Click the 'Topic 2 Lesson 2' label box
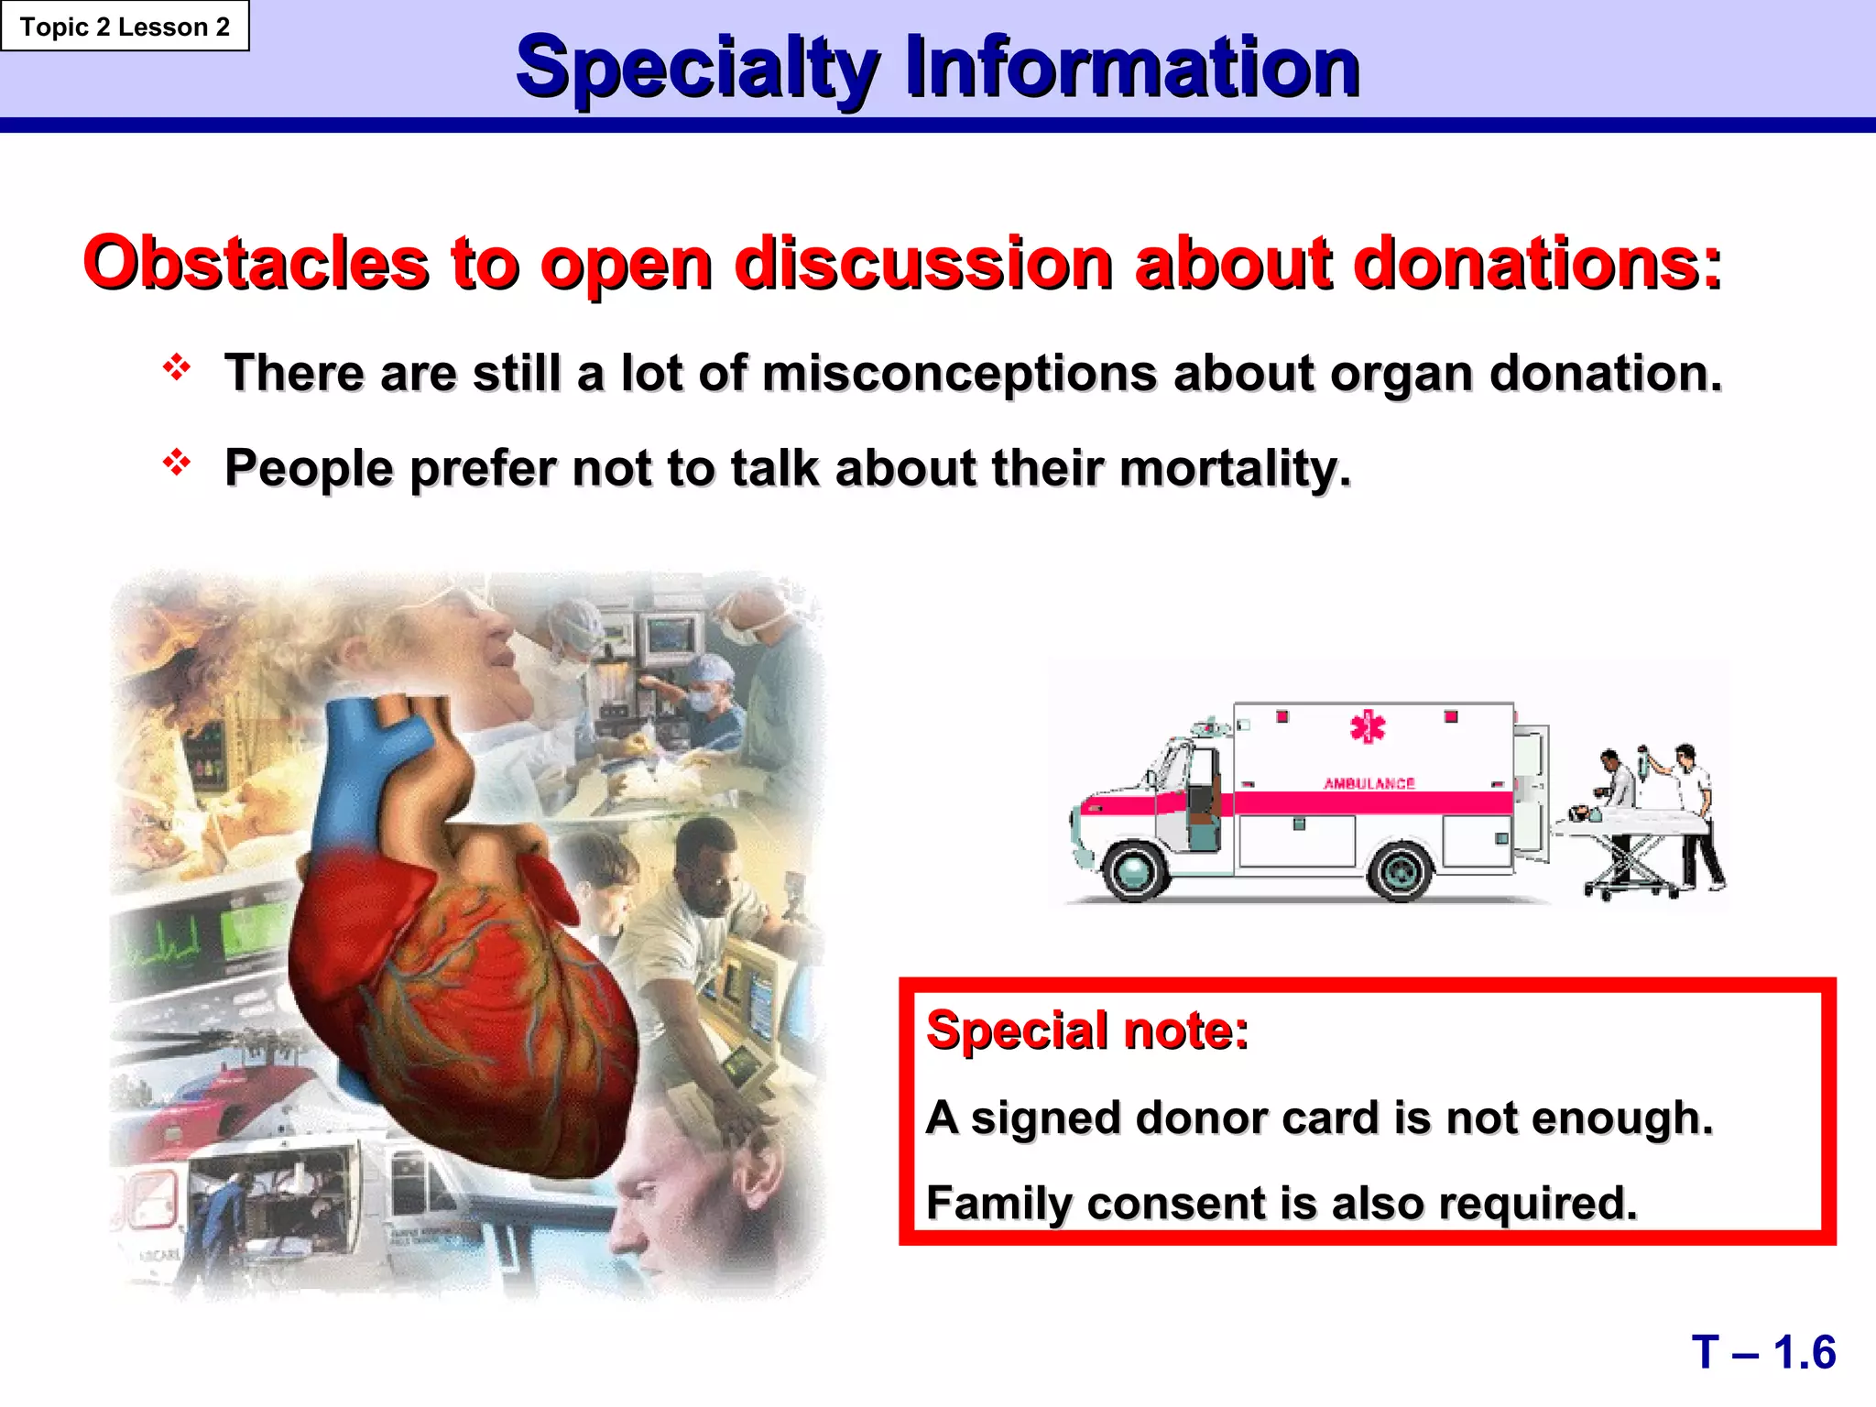(x=125, y=27)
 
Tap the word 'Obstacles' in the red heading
(x=256, y=264)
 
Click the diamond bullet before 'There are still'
(x=176, y=368)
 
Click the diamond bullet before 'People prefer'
(x=176, y=463)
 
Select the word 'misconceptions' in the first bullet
(x=959, y=375)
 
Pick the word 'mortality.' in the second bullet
(x=1235, y=469)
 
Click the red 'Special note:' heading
(x=1087, y=1031)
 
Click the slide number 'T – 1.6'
(x=1762, y=1353)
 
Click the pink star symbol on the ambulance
(x=1368, y=726)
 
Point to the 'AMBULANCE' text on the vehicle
(x=1369, y=784)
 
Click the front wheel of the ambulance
(x=1136, y=870)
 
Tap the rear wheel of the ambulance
(x=1401, y=871)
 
